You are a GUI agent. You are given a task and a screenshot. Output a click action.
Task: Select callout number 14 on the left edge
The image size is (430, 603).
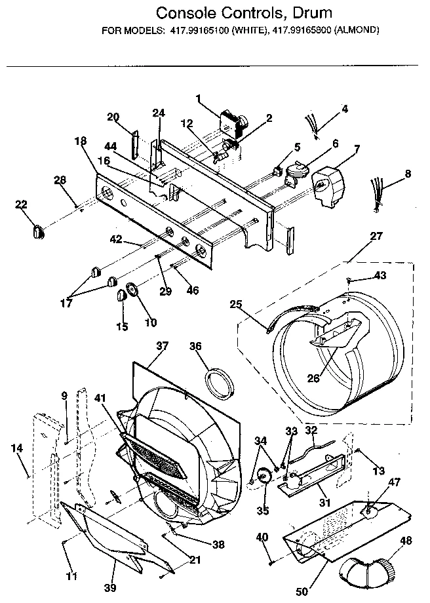click(17, 448)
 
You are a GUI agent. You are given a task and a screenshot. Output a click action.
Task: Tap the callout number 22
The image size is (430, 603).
click(21, 204)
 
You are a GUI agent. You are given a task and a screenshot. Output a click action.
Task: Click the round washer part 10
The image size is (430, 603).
click(132, 289)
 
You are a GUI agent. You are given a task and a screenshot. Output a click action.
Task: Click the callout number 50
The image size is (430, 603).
click(302, 593)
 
